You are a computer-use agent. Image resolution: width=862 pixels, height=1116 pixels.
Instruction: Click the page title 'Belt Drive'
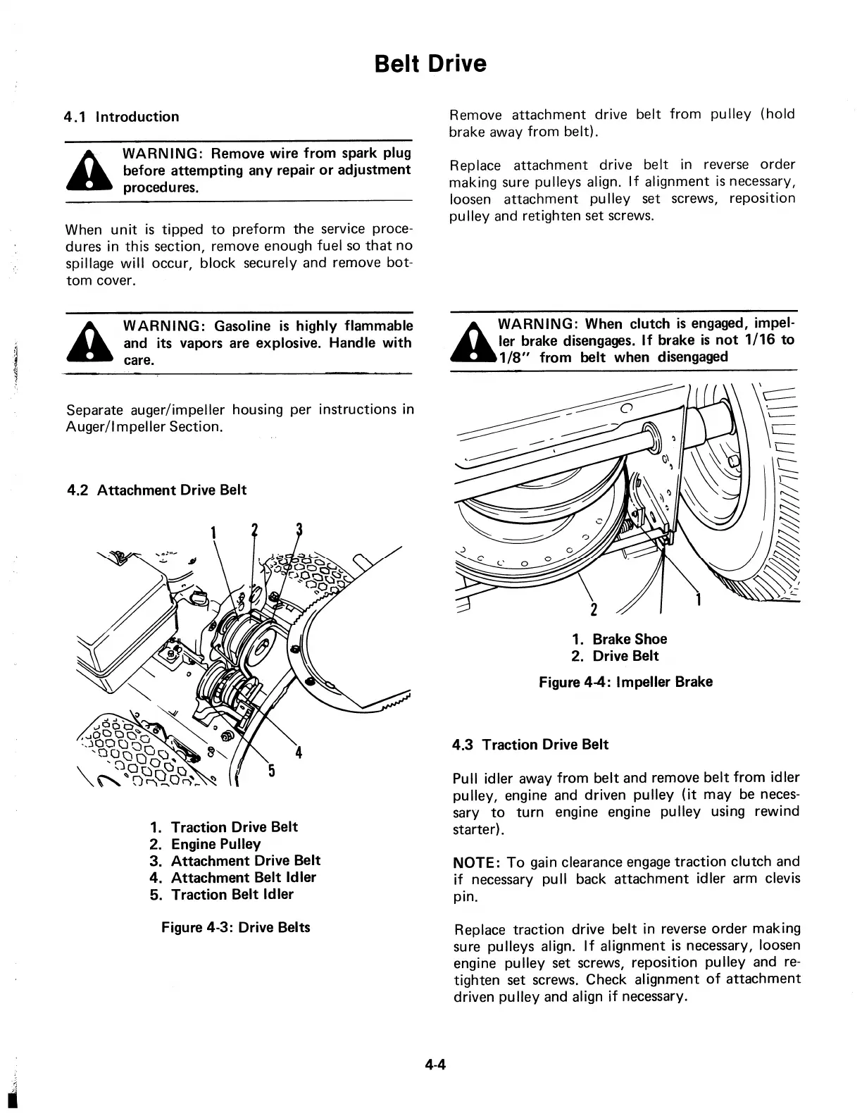(x=430, y=64)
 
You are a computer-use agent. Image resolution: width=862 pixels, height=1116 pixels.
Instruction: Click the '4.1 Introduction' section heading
(x=122, y=117)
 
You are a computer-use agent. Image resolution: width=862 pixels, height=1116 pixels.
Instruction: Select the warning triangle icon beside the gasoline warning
(x=89, y=343)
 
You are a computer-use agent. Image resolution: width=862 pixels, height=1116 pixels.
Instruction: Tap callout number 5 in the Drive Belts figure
(x=271, y=770)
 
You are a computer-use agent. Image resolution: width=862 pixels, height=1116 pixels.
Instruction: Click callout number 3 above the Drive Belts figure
(x=299, y=530)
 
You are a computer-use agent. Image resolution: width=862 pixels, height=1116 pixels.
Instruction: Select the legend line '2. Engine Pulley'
(x=205, y=844)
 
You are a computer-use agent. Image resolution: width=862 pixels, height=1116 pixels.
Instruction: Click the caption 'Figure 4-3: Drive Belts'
(x=236, y=927)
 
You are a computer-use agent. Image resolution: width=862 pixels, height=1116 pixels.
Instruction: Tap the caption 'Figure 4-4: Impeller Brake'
(x=625, y=682)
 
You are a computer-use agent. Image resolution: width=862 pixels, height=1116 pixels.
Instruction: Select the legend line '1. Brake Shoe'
(x=619, y=639)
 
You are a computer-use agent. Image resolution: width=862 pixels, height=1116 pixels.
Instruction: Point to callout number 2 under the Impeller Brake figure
(x=593, y=609)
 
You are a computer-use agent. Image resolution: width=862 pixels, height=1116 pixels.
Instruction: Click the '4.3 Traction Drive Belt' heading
(x=531, y=745)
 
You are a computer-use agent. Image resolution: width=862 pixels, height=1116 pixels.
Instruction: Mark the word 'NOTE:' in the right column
(x=476, y=862)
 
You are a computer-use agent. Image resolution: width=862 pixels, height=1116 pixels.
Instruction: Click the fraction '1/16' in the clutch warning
(x=761, y=340)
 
